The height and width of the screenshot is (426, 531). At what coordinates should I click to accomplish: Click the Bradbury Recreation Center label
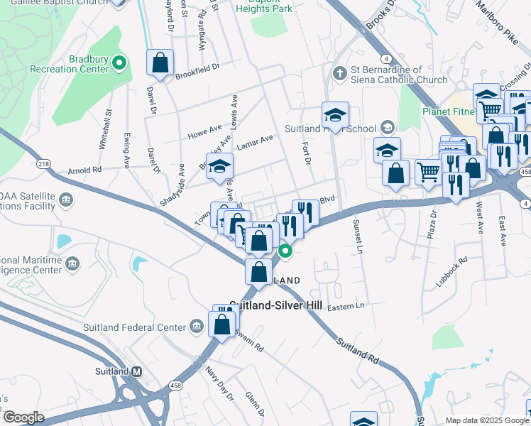point(68,65)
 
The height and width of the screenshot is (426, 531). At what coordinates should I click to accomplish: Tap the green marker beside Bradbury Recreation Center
point(119,64)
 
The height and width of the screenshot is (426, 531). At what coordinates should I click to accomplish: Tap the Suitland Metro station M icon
point(137,371)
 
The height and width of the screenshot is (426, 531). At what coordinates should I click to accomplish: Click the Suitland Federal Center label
point(133,327)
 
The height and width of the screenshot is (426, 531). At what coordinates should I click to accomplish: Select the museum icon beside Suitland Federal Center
point(197,327)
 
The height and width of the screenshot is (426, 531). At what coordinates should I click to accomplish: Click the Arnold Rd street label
point(84,170)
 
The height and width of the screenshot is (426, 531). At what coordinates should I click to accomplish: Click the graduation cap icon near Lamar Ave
point(220,167)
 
